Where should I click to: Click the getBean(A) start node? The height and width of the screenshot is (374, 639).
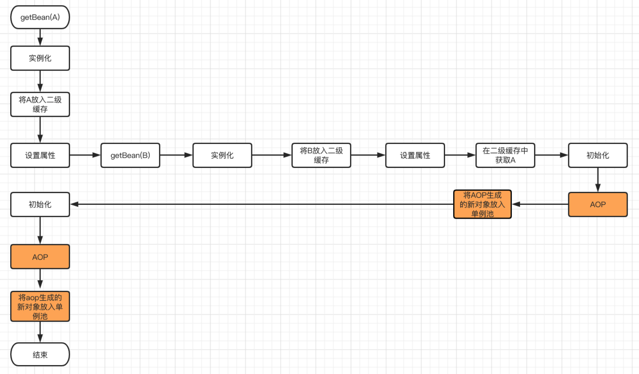coord(40,17)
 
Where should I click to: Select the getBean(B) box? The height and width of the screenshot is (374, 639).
coord(130,155)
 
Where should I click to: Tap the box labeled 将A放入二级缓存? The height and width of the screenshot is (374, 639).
coord(40,104)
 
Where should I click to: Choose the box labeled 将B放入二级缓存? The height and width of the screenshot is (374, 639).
coord(321,155)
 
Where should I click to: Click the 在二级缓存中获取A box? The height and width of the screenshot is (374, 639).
coord(505,155)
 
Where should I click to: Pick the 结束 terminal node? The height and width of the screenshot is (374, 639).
coord(40,355)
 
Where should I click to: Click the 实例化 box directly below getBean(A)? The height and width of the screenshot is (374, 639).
coord(40,58)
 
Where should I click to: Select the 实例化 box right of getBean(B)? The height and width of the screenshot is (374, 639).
coord(222,155)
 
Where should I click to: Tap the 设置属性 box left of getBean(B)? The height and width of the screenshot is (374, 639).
coord(40,155)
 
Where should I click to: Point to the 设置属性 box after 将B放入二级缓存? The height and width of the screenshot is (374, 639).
coord(415,155)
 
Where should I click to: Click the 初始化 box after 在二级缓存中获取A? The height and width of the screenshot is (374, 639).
coord(598,155)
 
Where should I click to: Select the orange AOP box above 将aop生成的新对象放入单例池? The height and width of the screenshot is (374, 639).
coord(40,257)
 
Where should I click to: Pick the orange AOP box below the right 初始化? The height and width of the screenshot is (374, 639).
coord(598,204)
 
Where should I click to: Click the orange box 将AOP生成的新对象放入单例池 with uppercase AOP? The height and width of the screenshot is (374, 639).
coord(482,204)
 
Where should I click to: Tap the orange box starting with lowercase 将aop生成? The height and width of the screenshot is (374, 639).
coord(40,307)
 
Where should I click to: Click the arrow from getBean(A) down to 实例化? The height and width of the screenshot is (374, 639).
coord(40,37)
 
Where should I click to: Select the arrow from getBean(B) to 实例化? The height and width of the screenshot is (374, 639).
coord(176,155)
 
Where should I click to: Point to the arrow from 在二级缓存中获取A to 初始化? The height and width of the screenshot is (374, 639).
coord(551,155)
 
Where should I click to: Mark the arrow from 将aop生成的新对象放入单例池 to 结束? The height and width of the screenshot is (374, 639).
coord(40,332)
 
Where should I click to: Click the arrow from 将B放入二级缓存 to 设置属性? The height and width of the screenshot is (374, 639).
coord(368,155)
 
